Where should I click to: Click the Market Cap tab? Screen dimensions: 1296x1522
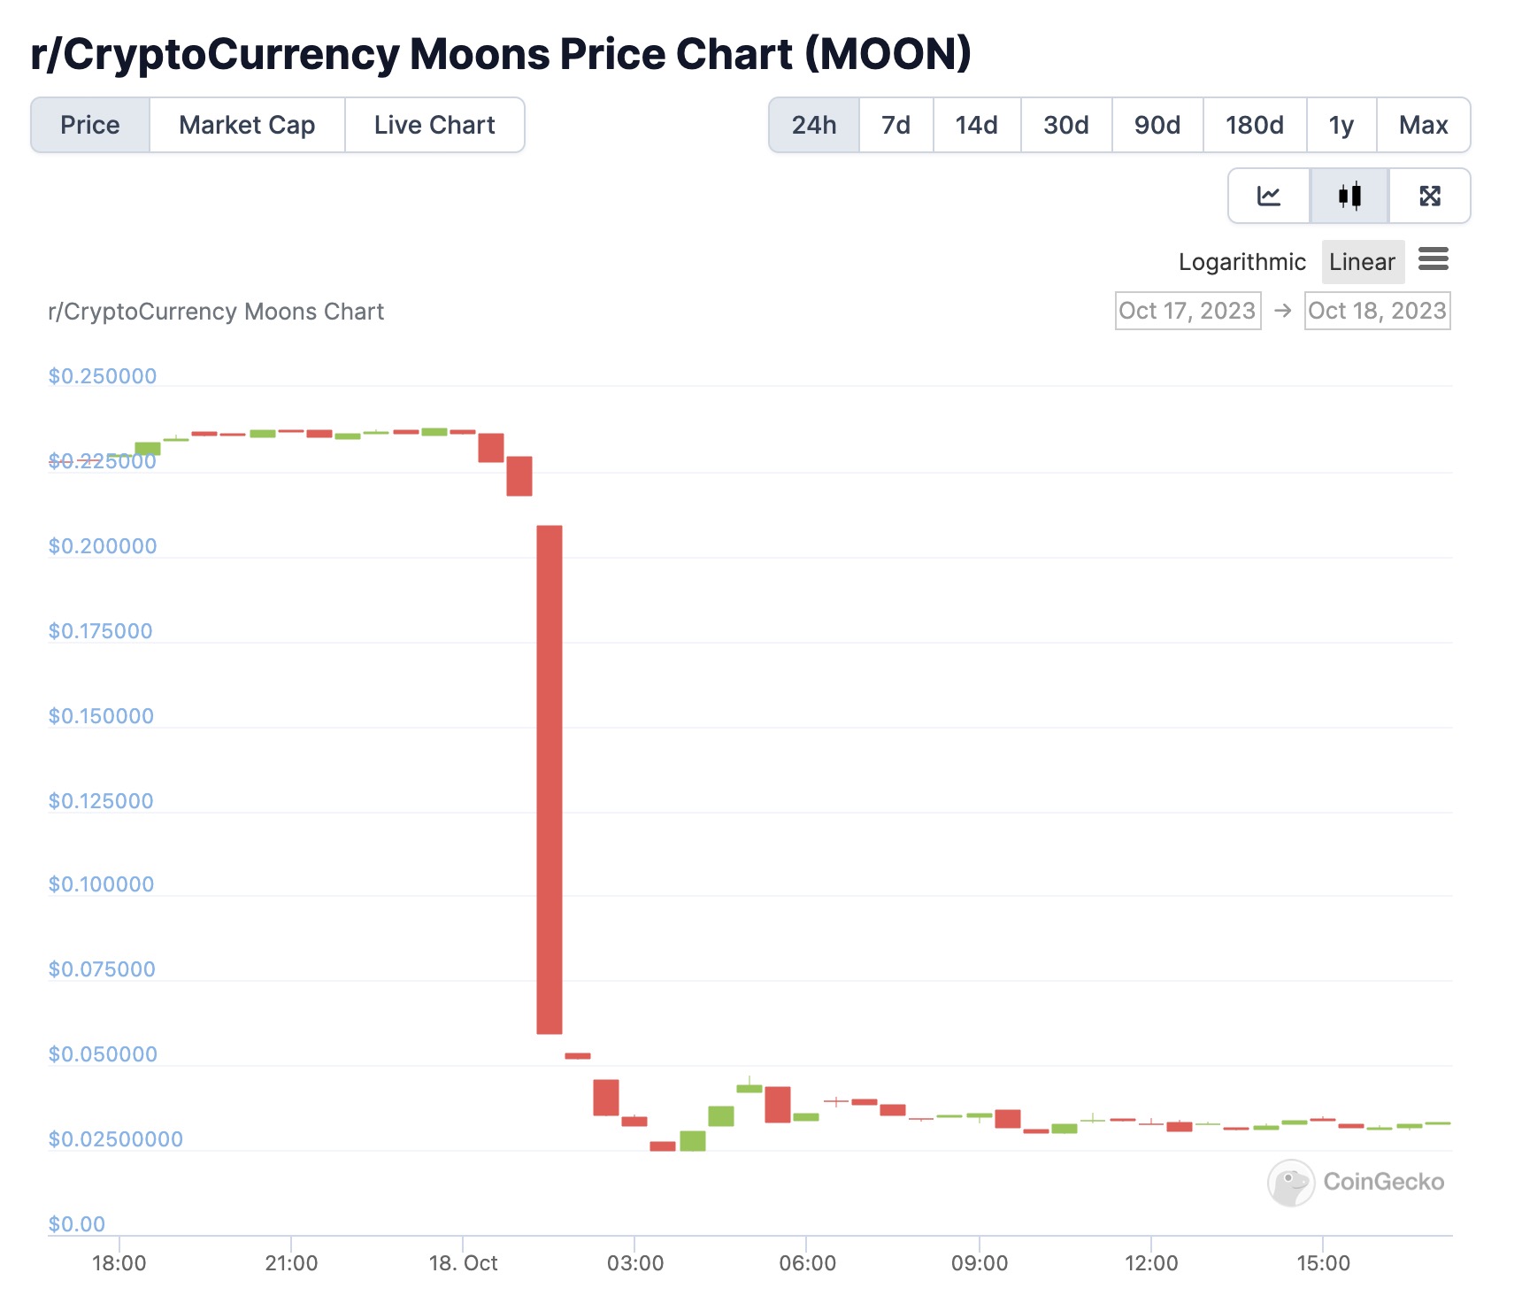[247, 125]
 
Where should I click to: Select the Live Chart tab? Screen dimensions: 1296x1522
[434, 125]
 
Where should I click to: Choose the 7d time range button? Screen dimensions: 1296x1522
[896, 125]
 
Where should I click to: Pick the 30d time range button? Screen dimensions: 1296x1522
[1065, 125]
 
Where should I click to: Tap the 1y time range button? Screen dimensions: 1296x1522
[1341, 125]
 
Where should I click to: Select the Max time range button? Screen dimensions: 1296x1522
[1423, 125]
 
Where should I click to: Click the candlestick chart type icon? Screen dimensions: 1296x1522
[1349, 196]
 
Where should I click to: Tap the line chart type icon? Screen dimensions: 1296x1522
[1269, 196]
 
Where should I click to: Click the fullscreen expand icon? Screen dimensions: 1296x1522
[1430, 196]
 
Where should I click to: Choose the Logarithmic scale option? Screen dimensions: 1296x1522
[1241, 262]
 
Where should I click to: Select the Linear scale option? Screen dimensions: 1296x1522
[1362, 262]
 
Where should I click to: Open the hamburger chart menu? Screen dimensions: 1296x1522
[1434, 259]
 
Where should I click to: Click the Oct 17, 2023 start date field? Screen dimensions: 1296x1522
[1188, 311]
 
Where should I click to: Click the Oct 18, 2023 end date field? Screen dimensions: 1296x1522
[1377, 311]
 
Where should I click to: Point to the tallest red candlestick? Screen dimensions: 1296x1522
[550, 779]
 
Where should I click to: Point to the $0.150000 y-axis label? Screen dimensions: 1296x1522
[101, 716]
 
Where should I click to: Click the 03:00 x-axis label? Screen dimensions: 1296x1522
[634, 1263]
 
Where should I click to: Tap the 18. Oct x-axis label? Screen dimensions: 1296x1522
[463, 1263]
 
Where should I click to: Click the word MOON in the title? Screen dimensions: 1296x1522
[888, 54]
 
